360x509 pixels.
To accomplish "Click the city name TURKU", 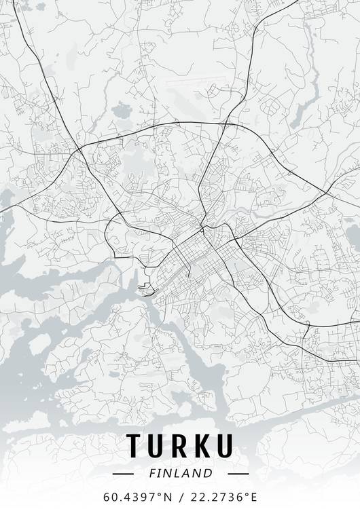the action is click(x=180, y=445).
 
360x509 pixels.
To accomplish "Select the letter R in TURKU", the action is click(x=180, y=445).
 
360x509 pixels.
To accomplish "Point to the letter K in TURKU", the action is click(x=203, y=445).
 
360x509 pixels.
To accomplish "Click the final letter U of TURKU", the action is click(x=226, y=445).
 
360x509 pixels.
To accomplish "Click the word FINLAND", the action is click(x=180, y=473).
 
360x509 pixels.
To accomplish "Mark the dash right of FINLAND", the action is click(x=238, y=473).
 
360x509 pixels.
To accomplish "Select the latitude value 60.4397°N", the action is click(x=138, y=496).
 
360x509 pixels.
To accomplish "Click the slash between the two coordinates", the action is click(x=180, y=496).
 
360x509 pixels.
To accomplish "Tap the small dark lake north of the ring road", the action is click(x=122, y=109).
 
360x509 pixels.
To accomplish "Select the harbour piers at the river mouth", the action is click(x=144, y=290).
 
